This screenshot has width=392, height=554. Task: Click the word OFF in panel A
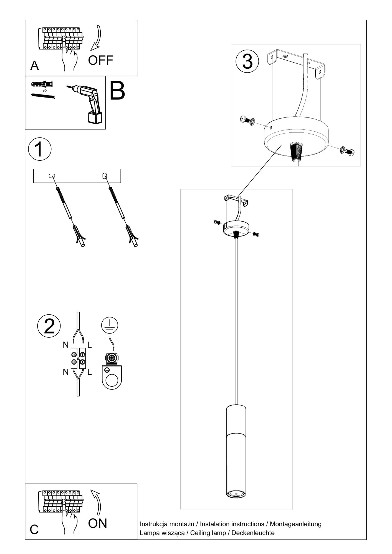[100, 60]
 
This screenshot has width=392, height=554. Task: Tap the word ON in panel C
[97, 523]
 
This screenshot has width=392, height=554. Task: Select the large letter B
[117, 91]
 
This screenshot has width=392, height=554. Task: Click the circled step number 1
[40, 149]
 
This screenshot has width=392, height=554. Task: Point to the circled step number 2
[49, 326]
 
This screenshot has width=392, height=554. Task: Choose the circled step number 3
[247, 61]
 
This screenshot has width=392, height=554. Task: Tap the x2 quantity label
[45, 91]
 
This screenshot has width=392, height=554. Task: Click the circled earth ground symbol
[110, 325]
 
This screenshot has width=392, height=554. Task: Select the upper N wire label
[65, 345]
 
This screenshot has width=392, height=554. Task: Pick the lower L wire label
[89, 372]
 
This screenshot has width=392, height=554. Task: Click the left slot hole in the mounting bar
[52, 176]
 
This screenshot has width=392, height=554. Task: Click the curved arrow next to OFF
[96, 39]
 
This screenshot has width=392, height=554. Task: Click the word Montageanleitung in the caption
[295, 524]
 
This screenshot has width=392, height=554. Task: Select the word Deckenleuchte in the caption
[253, 533]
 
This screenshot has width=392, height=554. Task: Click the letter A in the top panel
[34, 66]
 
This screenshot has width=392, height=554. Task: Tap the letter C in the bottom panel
[34, 529]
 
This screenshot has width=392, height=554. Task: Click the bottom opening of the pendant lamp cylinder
[236, 494]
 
